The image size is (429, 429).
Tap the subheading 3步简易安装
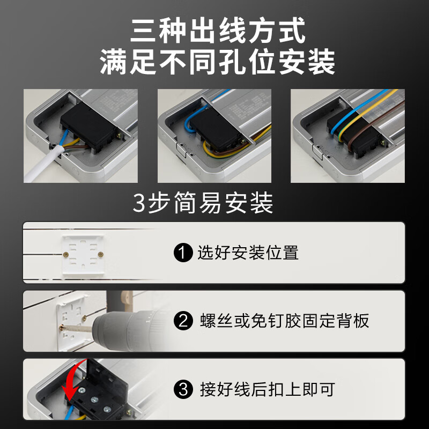[x=203, y=204]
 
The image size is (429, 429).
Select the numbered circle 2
[x=183, y=321]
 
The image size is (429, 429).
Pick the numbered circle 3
[x=183, y=389]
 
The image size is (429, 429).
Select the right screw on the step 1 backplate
[x=101, y=252]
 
